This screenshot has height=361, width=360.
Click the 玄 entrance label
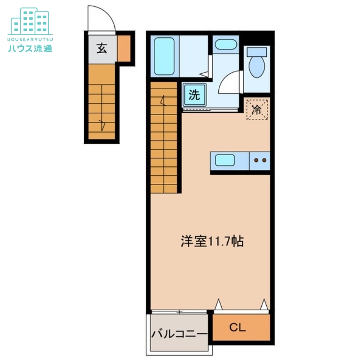(102, 48)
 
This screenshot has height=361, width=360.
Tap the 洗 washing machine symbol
(194, 94)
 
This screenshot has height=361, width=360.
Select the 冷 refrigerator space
(257, 110)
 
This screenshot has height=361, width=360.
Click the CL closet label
(238, 328)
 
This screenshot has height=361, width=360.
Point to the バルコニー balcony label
(179, 334)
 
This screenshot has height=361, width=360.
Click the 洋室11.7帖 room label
(212, 242)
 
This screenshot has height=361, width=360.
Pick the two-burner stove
(260, 160)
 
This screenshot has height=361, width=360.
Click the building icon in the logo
(30, 21)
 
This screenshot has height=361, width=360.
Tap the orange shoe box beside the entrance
(124, 48)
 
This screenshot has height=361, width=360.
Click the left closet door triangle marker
(218, 305)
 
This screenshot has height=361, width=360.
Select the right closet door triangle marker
(264, 305)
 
